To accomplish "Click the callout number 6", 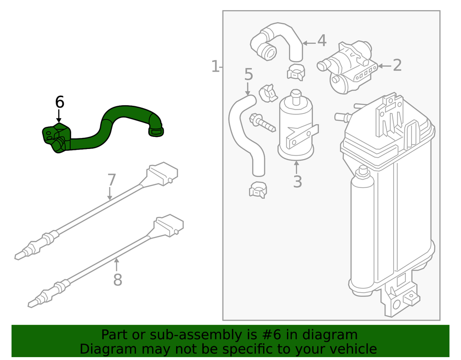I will coord(59,102).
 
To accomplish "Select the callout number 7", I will coord(111,180).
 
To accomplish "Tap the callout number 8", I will coord(118,280).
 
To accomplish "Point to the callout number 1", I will coord(216,66).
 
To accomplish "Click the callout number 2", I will coord(397,65).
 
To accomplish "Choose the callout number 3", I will coord(297,182).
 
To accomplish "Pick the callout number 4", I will coord(321,41).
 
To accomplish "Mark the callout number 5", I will coord(248,74).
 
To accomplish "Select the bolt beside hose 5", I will coord(262,123).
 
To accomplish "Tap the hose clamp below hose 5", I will coord(258,191).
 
